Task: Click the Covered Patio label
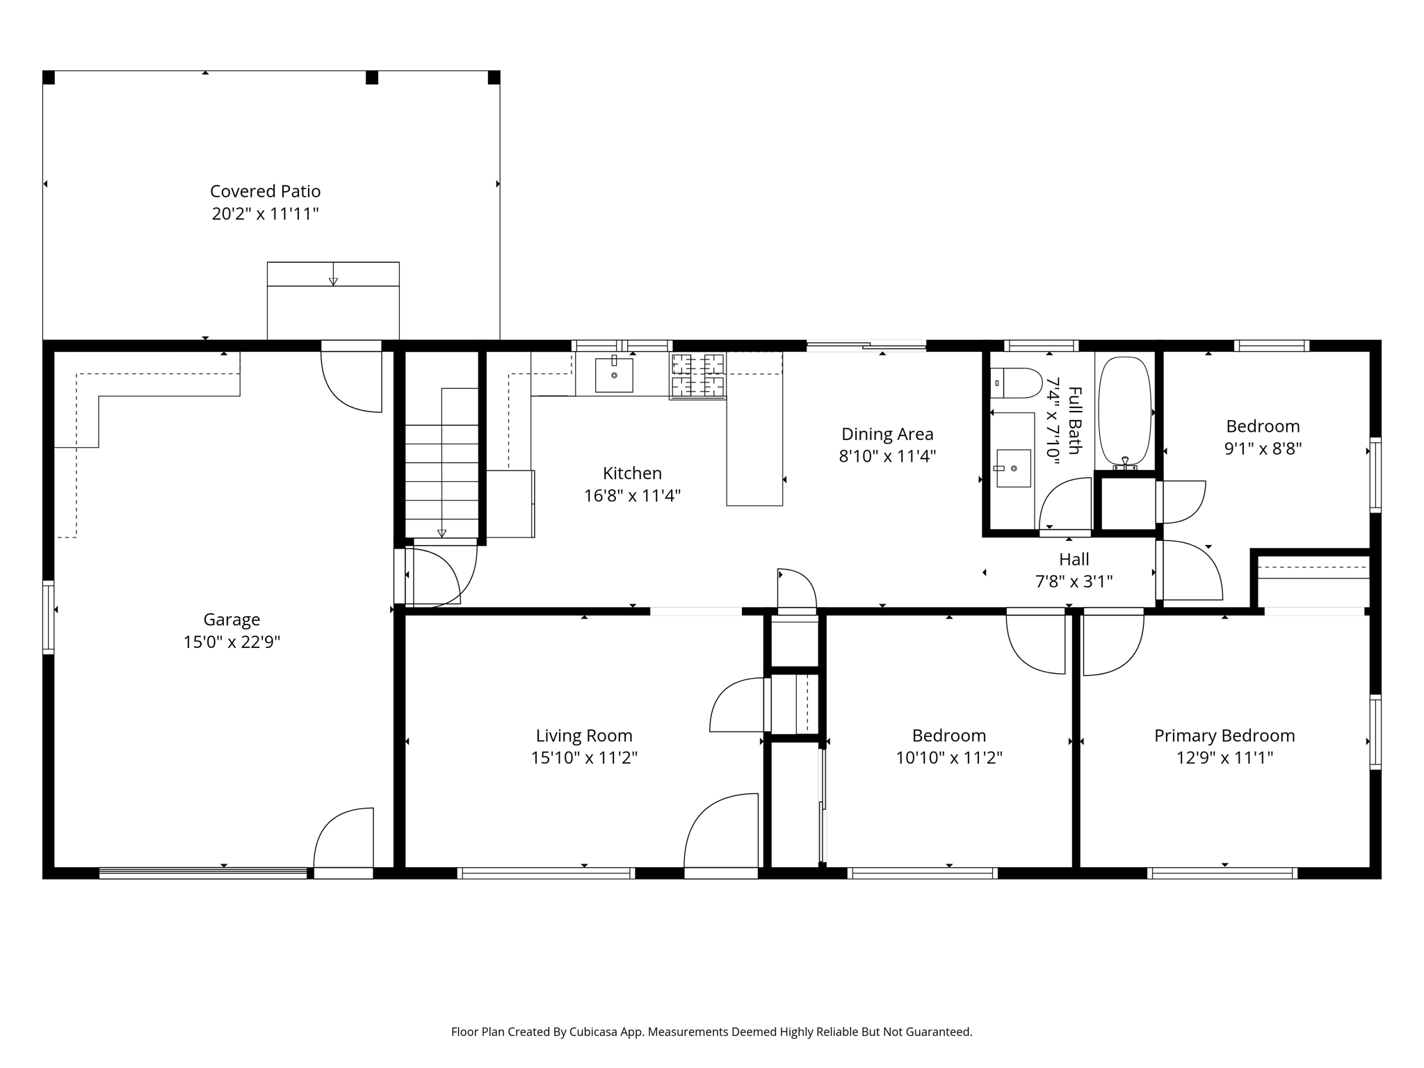[x=265, y=191]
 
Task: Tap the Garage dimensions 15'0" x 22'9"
[x=232, y=642]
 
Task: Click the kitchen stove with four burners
[x=697, y=375]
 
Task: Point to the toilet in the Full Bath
[x=1016, y=383]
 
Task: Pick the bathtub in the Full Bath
[x=1124, y=412]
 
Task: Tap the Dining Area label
[x=887, y=434]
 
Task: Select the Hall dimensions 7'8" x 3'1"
[x=1074, y=581]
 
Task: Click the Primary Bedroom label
[x=1224, y=736]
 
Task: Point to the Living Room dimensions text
[x=584, y=758]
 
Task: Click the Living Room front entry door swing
[x=721, y=832]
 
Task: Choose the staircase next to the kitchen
[x=442, y=462]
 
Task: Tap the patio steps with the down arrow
[x=333, y=300]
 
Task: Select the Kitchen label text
[x=632, y=474]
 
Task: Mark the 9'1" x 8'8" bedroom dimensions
[x=1263, y=448]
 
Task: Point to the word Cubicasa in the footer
[x=595, y=1032]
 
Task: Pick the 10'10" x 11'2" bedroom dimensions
[x=949, y=758]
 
